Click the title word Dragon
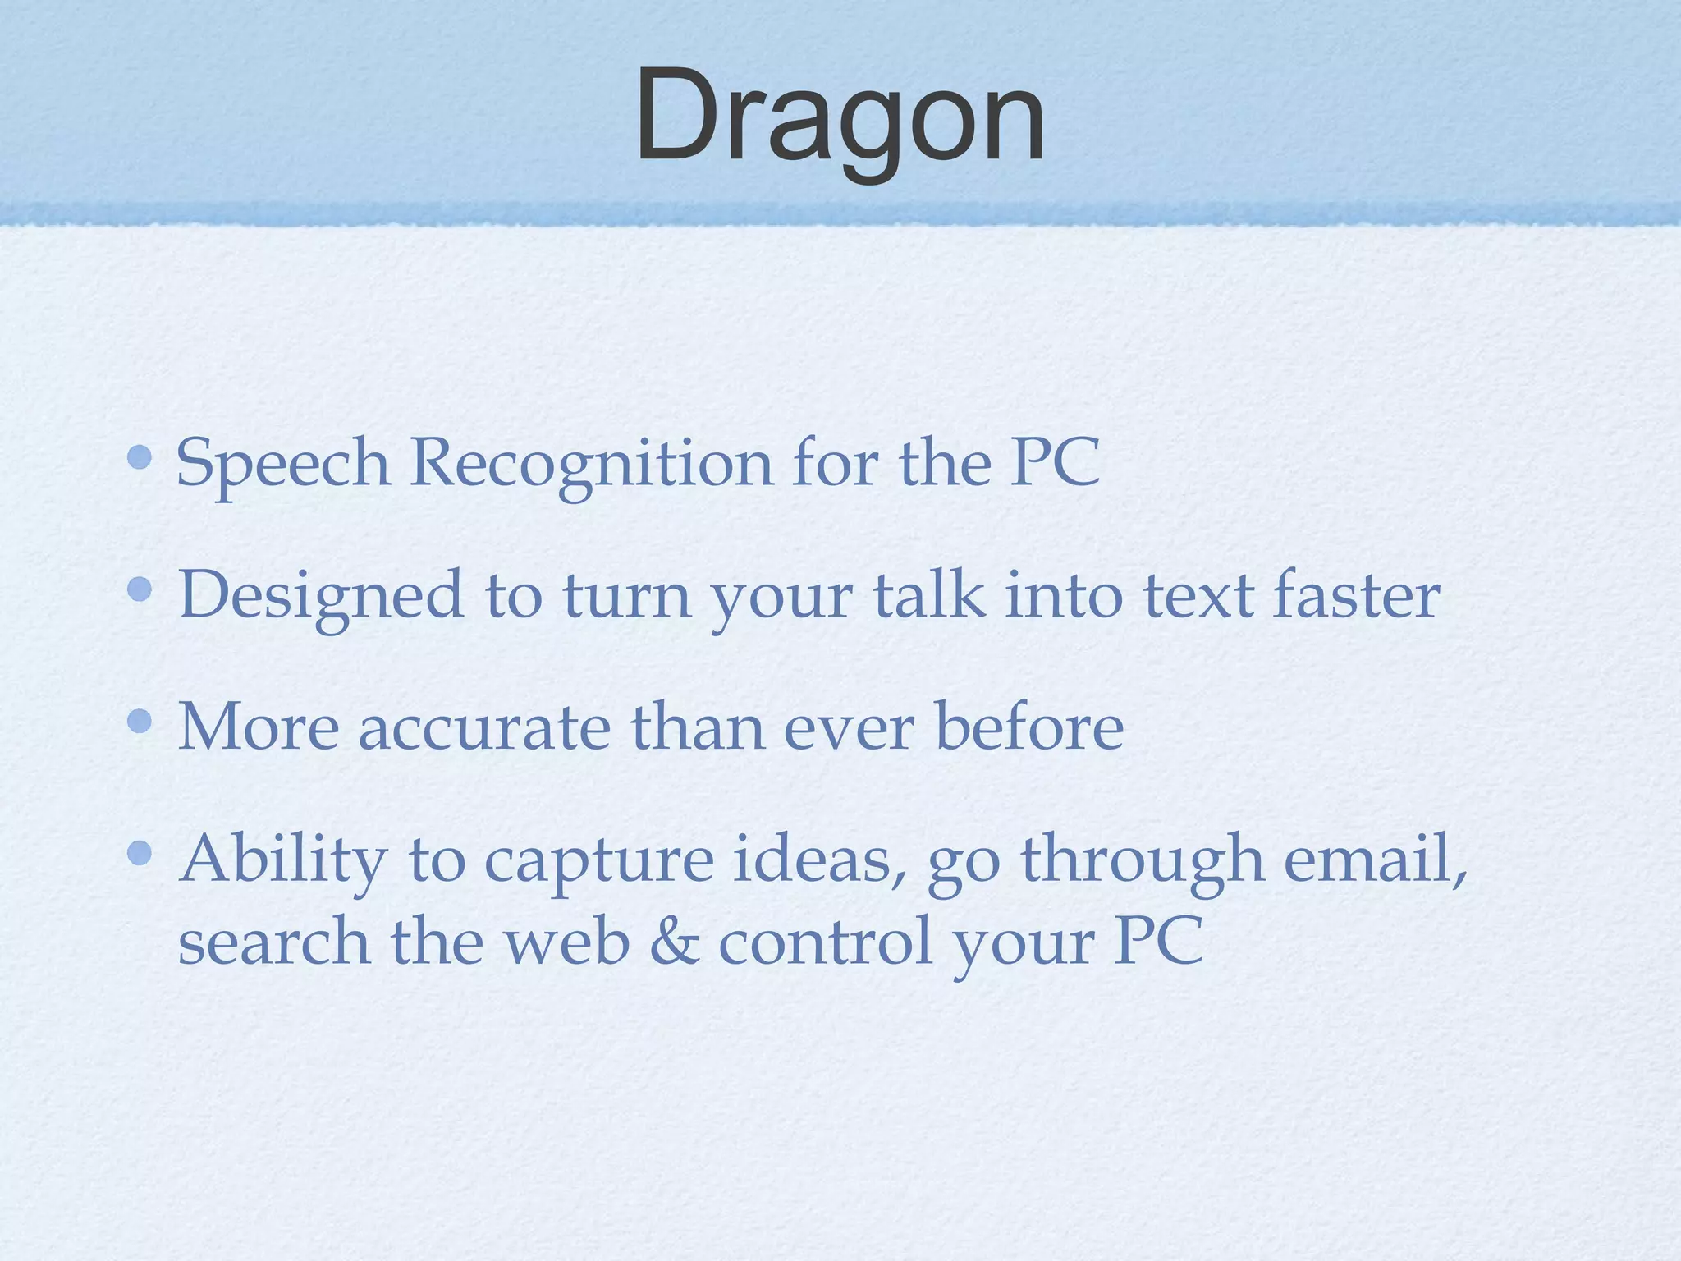(x=840, y=117)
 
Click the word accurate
(x=484, y=727)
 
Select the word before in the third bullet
(x=1029, y=726)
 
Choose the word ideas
(x=820, y=859)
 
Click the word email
(x=1372, y=859)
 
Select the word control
(x=825, y=942)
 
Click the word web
(x=566, y=942)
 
